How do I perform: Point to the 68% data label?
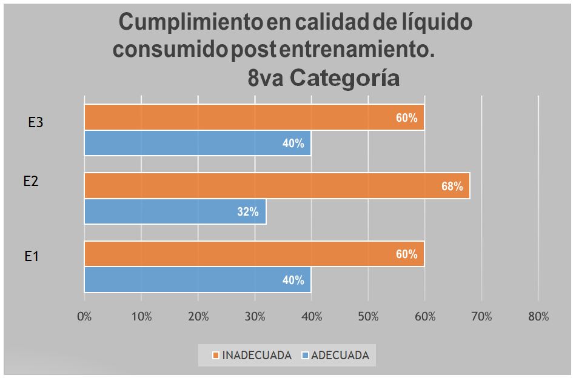coord(452,187)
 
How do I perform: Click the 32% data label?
coord(248,212)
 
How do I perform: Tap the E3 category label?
coord(35,122)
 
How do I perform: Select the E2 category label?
coord(31,181)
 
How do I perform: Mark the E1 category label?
coord(32,256)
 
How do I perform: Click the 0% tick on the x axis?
coord(84,316)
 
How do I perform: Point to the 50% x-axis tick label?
coord(368,316)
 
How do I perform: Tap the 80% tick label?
coord(538,316)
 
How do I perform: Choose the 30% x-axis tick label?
coord(255,316)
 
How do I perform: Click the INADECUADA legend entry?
coord(252,356)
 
